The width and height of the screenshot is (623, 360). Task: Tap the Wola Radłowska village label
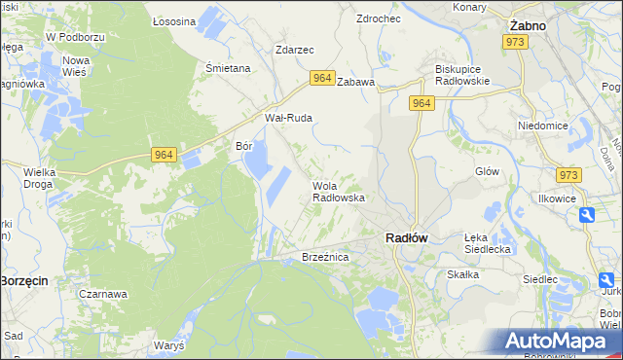[x=338, y=191]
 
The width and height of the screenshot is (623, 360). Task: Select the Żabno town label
[x=528, y=26]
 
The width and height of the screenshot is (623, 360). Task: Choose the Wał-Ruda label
[x=288, y=118]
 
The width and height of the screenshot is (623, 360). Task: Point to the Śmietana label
[x=229, y=68]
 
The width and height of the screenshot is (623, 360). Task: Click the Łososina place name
[x=175, y=19]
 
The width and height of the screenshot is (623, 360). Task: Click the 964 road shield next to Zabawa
[x=323, y=78]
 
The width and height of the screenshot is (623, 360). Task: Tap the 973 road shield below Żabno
[x=515, y=42]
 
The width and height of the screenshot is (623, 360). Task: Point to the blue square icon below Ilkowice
[x=587, y=215]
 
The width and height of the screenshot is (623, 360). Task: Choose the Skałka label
[x=463, y=274]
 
